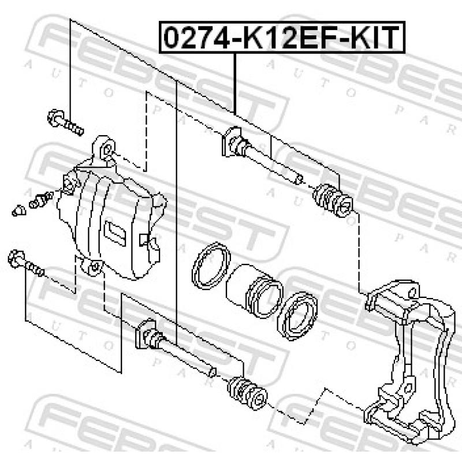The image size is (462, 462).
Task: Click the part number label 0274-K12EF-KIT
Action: click(282, 38)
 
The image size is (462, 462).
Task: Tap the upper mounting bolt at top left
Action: click(65, 121)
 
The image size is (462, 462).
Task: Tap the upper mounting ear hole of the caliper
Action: click(106, 151)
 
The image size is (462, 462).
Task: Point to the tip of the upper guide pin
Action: click(297, 179)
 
